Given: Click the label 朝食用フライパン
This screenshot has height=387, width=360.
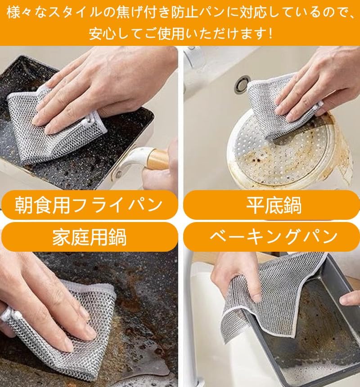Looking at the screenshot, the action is click(89, 205).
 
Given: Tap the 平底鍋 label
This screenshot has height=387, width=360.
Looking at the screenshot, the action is click(274, 205).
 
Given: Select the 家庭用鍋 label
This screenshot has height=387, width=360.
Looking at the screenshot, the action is click(89, 237).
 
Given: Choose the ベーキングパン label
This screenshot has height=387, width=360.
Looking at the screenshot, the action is click(274, 236).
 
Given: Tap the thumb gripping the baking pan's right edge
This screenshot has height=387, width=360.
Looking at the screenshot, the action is click(350, 298).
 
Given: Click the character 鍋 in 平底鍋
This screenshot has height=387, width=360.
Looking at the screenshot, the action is click(292, 205).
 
